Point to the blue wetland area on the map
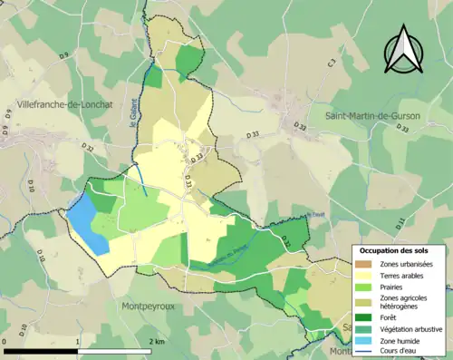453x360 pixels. (87, 225)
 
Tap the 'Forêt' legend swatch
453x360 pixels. (367, 317)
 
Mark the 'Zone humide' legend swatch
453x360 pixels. (367, 341)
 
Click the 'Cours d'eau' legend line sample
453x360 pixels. (367, 352)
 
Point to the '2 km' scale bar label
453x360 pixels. (156, 342)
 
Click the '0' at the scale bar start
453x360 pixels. (6, 342)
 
